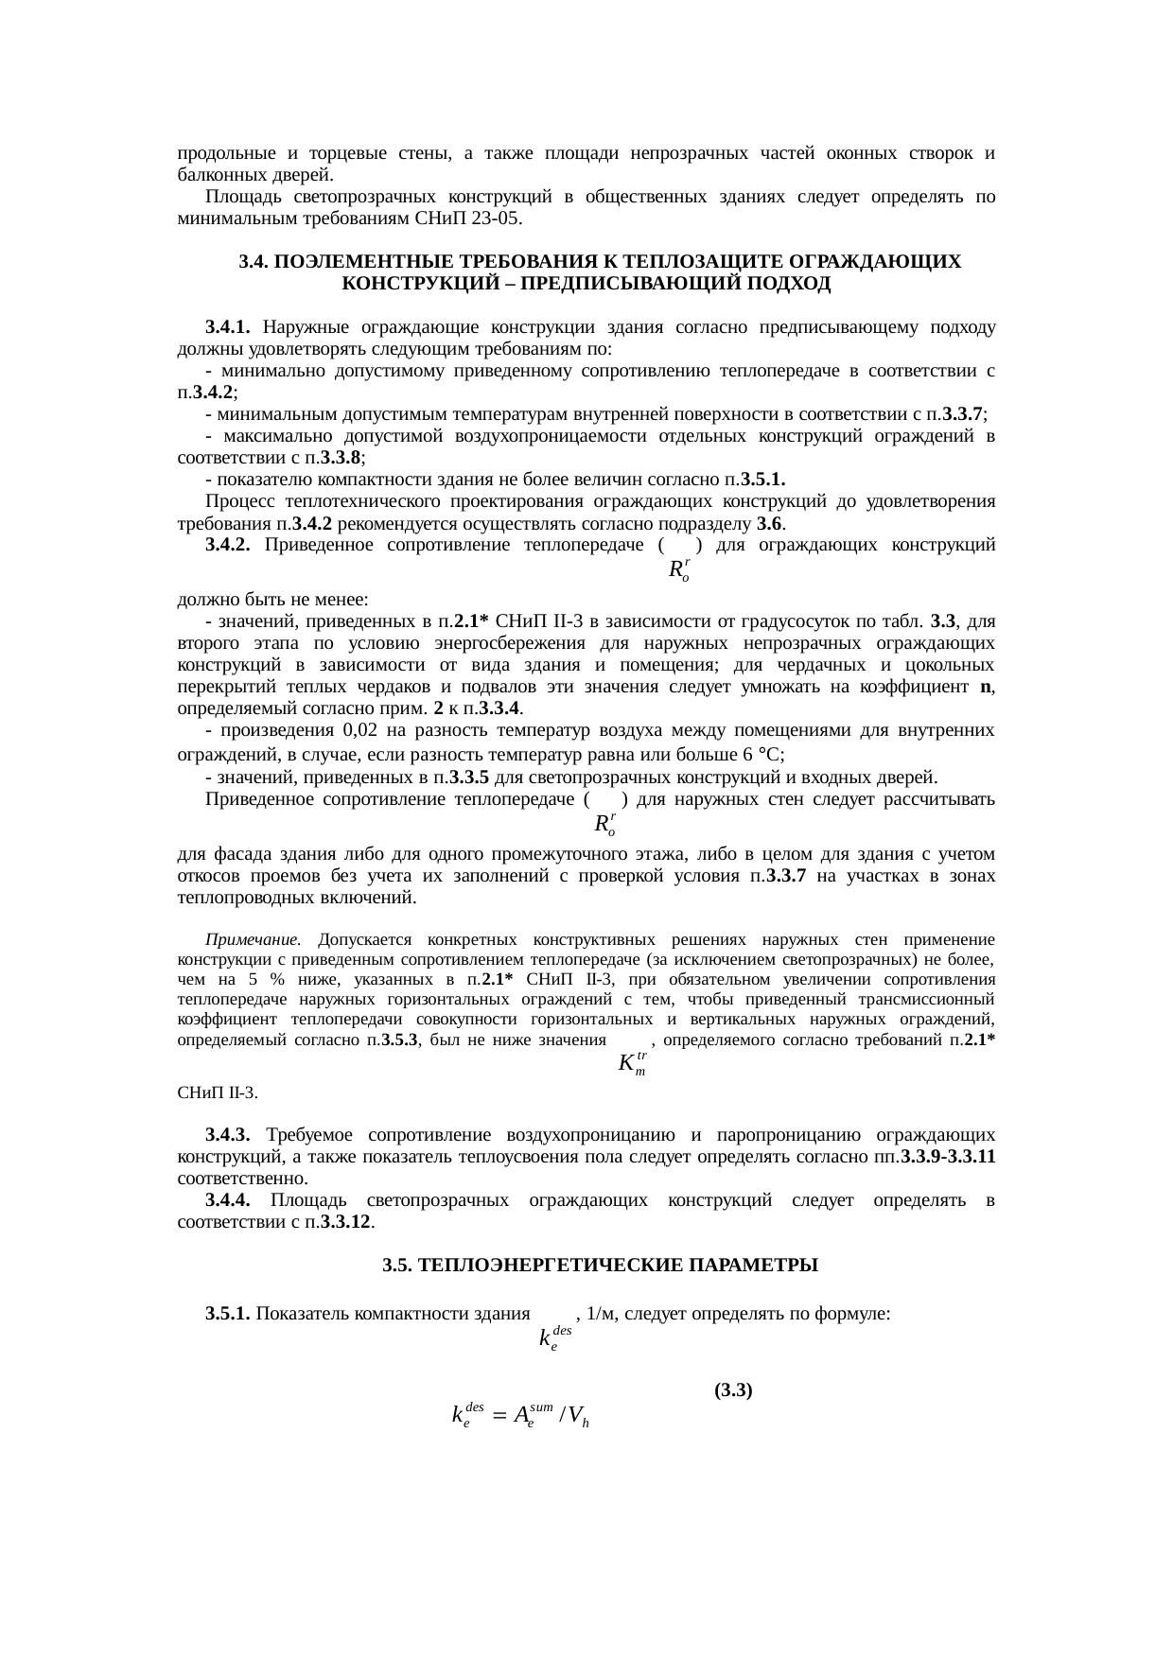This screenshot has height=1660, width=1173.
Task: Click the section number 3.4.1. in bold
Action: click(227, 327)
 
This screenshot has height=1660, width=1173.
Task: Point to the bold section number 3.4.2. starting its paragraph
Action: click(227, 545)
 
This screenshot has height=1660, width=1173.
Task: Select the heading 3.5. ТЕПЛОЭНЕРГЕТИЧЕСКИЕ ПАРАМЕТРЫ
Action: click(600, 1265)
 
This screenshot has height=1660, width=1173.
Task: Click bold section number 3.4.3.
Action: click(227, 1134)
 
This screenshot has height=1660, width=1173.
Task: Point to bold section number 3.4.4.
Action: click(227, 1200)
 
